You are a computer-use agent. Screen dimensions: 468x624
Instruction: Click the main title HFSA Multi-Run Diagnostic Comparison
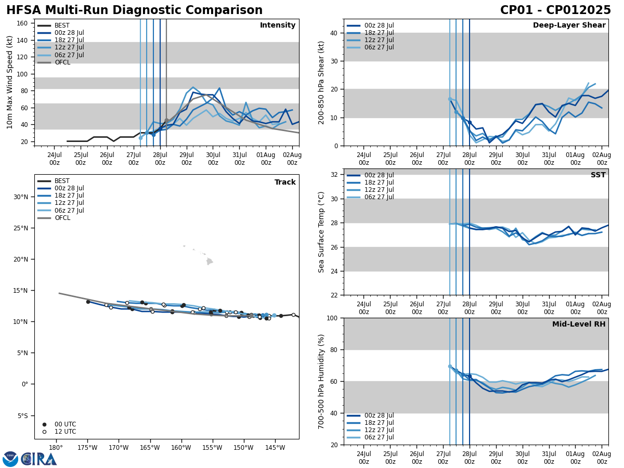click(x=134, y=10)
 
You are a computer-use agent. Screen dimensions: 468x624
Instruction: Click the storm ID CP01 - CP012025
click(x=555, y=10)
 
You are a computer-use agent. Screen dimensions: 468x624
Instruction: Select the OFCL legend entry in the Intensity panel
click(x=62, y=62)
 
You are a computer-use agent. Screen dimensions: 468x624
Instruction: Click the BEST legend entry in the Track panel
click(x=62, y=181)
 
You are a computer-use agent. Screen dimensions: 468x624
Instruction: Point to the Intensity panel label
click(x=278, y=25)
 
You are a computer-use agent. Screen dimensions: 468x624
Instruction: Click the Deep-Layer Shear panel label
click(x=569, y=25)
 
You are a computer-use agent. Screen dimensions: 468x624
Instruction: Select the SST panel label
click(x=598, y=175)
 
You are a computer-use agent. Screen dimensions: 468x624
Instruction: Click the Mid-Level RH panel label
click(x=579, y=324)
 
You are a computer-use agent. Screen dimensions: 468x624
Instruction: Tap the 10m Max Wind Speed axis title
click(x=10, y=82)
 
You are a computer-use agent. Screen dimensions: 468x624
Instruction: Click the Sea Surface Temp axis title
click(x=321, y=232)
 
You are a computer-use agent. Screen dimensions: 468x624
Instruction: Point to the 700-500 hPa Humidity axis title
click(x=321, y=381)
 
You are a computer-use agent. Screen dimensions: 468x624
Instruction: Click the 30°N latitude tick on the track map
click(x=22, y=197)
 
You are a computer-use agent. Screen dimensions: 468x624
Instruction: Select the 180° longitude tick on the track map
click(x=56, y=448)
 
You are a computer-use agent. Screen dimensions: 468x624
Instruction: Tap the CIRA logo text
click(x=39, y=459)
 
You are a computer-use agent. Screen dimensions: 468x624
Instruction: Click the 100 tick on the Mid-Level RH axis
click(x=331, y=318)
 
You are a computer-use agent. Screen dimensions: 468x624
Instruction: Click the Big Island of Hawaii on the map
click(x=209, y=262)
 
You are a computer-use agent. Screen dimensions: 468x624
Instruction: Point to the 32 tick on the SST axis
click(x=333, y=175)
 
